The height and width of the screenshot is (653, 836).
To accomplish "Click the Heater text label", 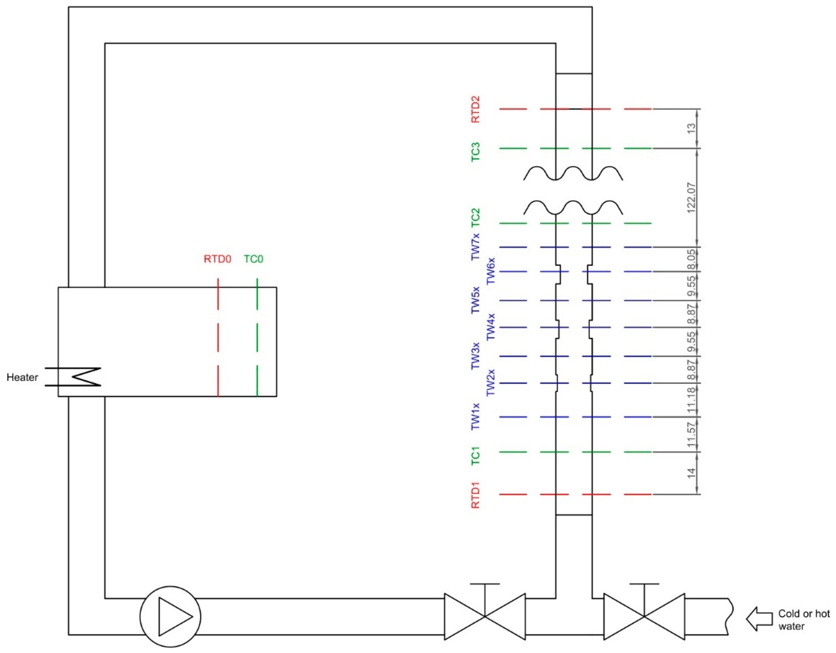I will coord(22,378).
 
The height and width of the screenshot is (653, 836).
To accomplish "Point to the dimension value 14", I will coord(691,473).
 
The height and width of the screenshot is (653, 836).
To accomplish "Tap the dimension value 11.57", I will coord(691,435).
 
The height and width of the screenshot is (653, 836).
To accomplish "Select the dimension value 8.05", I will coord(691,260).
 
